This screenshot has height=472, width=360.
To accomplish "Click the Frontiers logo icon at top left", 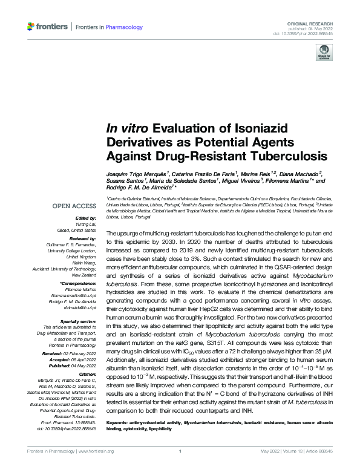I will click(x=32, y=27).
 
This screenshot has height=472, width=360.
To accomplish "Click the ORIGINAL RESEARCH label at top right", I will click(x=313, y=22).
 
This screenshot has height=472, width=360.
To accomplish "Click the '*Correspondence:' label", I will click(x=78, y=283).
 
